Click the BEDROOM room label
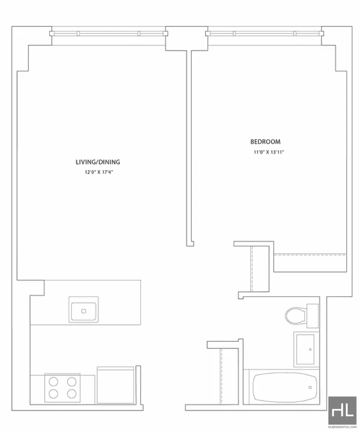pyautogui.click(x=265, y=142)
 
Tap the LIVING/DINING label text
pyautogui.click(x=98, y=162)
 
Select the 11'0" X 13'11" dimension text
pyautogui.click(x=269, y=152)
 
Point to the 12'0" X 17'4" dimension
pyautogui.click(x=99, y=172)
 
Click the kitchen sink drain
pyautogui.click(x=84, y=311)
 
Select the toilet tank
pyautogui.click(x=313, y=316)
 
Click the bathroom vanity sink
pyautogui.click(x=305, y=349)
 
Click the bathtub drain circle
pyautogui.click(x=310, y=387)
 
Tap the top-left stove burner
pyautogui.click(x=54, y=382)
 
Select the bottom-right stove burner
pyautogui.click(x=72, y=394)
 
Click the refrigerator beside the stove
pyautogui.click(x=115, y=385)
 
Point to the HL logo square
pyautogui.click(x=342, y=410)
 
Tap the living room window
pyautogui.click(x=109, y=34)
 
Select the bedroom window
pyautogui.click(x=265, y=34)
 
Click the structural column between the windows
pyautogui.click(x=186, y=38)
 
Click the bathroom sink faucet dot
pyautogui.click(x=310, y=349)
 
